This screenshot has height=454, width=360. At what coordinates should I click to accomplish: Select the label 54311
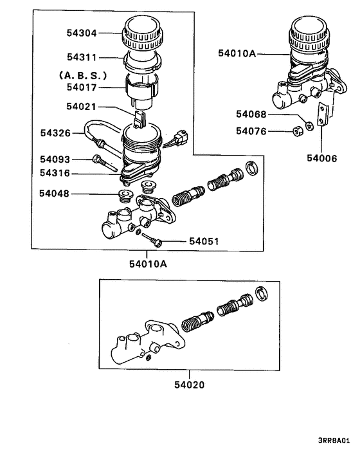click(x=82, y=57)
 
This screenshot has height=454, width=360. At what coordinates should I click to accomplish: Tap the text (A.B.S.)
click(x=82, y=74)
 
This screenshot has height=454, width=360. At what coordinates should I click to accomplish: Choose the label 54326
click(x=56, y=133)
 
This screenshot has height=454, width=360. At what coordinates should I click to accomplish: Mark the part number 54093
click(x=56, y=159)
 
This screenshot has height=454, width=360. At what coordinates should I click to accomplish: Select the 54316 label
click(x=56, y=173)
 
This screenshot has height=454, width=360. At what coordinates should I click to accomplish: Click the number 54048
click(x=56, y=193)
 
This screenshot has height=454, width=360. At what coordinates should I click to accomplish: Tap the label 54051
click(x=204, y=242)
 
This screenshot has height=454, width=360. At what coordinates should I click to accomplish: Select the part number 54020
click(x=189, y=386)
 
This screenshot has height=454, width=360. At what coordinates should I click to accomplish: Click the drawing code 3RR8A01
click(x=334, y=442)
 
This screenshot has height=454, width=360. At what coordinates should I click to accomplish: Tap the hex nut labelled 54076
click(x=298, y=132)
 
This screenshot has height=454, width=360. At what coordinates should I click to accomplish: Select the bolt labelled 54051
click(x=153, y=239)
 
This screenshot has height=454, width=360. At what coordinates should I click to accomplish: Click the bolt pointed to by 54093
click(x=103, y=161)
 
